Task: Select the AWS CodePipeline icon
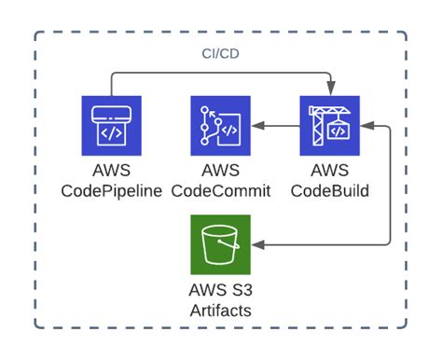point(110,126)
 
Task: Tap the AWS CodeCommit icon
point(221,126)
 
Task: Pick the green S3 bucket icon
point(221,245)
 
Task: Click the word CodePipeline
point(111,191)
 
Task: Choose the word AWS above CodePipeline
point(111,172)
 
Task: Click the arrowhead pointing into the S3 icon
point(257,245)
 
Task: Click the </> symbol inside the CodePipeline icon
point(110,132)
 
